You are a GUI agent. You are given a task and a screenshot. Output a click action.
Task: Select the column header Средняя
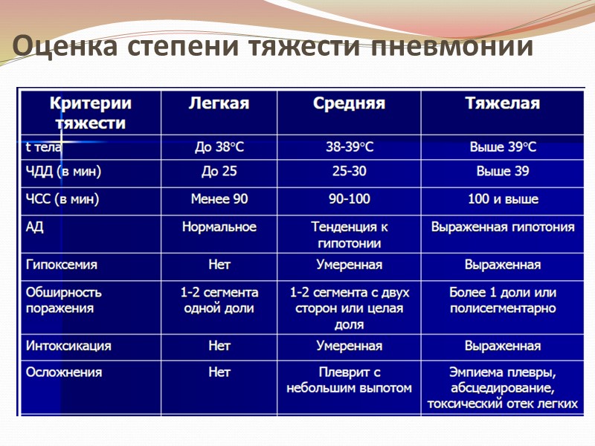[x=349, y=103]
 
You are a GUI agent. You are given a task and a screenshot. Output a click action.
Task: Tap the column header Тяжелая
[x=502, y=103]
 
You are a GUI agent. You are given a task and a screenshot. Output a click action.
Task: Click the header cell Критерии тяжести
[x=91, y=112]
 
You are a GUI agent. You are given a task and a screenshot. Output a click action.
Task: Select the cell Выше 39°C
[x=502, y=147]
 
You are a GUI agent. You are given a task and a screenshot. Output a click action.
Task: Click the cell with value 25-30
[x=349, y=172]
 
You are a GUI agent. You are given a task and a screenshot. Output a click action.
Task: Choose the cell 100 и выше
[x=502, y=199]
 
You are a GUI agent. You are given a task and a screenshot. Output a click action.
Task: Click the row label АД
[x=35, y=227]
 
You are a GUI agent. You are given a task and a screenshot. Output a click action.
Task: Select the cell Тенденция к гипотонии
[x=349, y=235]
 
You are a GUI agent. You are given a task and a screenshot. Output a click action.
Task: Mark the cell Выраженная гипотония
[x=502, y=227]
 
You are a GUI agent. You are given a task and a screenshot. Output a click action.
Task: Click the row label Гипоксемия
[x=62, y=265]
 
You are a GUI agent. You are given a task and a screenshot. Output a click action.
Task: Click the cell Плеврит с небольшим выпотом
[x=349, y=380]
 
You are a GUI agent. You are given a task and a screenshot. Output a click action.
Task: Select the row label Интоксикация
[x=68, y=346]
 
